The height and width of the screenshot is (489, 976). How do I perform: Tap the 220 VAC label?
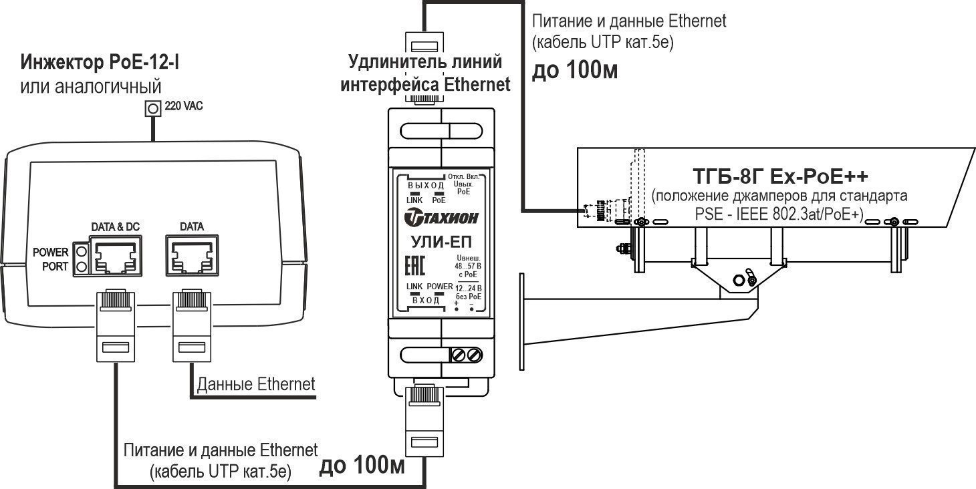(183, 106)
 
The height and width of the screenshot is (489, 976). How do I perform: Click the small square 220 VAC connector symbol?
(154, 108)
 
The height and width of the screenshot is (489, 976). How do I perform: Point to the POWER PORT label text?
(51, 259)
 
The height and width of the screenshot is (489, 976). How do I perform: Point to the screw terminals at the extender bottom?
(467, 355)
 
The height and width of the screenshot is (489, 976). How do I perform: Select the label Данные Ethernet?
(255, 384)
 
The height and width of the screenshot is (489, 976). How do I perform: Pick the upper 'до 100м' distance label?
(574, 71)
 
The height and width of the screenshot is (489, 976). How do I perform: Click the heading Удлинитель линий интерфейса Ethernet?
(426, 73)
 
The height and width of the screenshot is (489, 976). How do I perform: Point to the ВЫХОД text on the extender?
(426, 185)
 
